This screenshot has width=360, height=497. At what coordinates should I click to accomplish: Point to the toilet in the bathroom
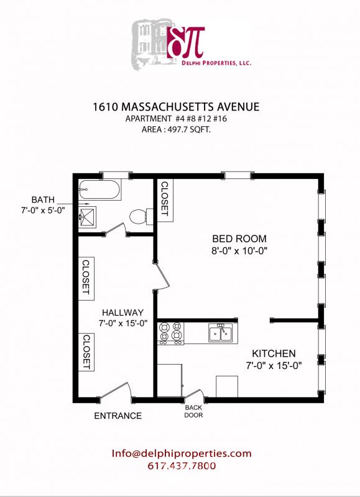tap(137, 216)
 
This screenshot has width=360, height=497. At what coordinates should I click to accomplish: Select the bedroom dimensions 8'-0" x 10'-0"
tap(239, 251)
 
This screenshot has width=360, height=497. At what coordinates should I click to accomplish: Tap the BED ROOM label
tap(239, 238)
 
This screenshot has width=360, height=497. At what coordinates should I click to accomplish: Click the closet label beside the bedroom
tap(165, 199)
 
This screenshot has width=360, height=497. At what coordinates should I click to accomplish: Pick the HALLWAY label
tap(124, 312)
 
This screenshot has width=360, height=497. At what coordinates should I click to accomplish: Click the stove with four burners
tap(171, 333)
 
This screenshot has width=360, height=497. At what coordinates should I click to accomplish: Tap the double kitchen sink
tap(220, 333)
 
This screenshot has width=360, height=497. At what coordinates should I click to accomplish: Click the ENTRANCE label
tap(118, 416)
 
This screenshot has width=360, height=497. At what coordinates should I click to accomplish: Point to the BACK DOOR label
tap(193, 412)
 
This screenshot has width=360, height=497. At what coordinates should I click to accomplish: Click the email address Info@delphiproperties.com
tap(182, 454)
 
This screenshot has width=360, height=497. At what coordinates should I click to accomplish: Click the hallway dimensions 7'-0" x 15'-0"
tap(124, 324)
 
